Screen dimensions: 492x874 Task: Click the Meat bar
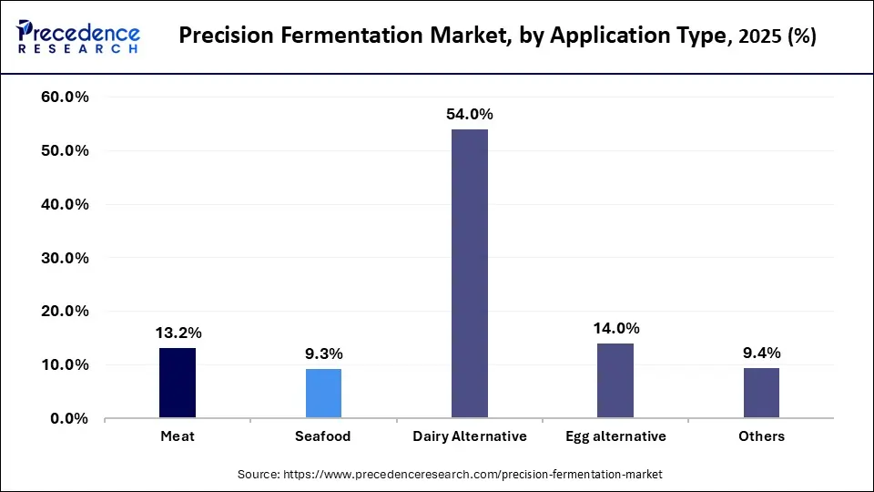(178, 383)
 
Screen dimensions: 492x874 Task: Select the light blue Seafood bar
(323, 394)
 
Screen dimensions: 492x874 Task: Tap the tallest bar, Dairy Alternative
(470, 273)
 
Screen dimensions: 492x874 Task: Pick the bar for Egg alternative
(615, 381)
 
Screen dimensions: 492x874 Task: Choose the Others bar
(761, 394)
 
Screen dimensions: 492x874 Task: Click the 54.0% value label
(470, 115)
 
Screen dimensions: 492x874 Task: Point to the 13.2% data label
(178, 333)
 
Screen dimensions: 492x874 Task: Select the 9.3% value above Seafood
(323, 354)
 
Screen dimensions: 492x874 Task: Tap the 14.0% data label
(615, 328)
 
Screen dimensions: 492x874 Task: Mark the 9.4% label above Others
(761, 354)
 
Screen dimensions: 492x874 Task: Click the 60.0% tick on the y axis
(65, 97)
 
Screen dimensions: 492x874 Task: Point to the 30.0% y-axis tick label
(65, 258)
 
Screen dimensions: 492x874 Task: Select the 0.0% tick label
(68, 419)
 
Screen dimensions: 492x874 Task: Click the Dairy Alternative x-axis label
(470, 436)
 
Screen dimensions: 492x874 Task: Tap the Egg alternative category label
(615, 436)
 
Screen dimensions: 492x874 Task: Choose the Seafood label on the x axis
(323, 436)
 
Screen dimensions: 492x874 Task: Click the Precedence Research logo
(78, 36)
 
